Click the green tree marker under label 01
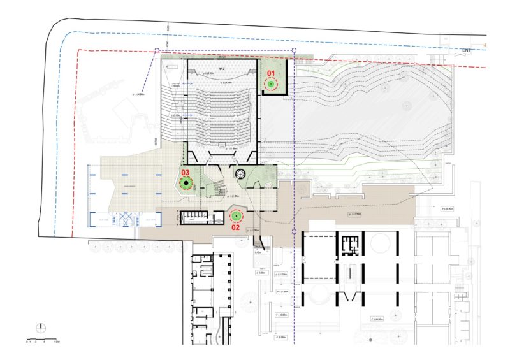[270, 84]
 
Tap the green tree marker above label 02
[235, 215]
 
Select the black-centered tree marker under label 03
[186, 184]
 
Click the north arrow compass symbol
[41, 327]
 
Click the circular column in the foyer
[240, 174]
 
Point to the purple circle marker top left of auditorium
[157, 50]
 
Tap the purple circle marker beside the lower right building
[293, 232]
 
